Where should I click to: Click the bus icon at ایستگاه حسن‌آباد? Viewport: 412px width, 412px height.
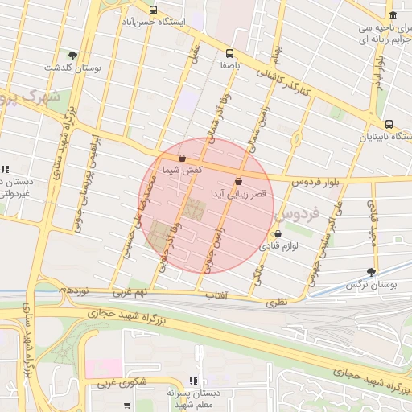pyautogui.click(x=153, y=10)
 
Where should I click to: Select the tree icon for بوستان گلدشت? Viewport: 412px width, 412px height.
pyautogui.click(x=73, y=56)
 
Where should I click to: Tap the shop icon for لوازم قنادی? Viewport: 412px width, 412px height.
pyautogui.click(x=278, y=234)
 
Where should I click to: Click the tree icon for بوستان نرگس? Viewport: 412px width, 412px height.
pyautogui.click(x=371, y=273)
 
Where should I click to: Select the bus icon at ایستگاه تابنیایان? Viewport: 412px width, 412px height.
pyautogui.click(x=389, y=125)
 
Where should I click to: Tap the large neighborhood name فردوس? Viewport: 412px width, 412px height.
pyautogui.click(x=297, y=216)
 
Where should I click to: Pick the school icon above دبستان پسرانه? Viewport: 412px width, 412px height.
pyautogui.click(x=192, y=380)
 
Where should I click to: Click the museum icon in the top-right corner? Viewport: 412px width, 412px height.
pyautogui.click(x=392, y=16)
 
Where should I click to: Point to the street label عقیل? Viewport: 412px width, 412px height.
pyautogui.click(x=193, y=55)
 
